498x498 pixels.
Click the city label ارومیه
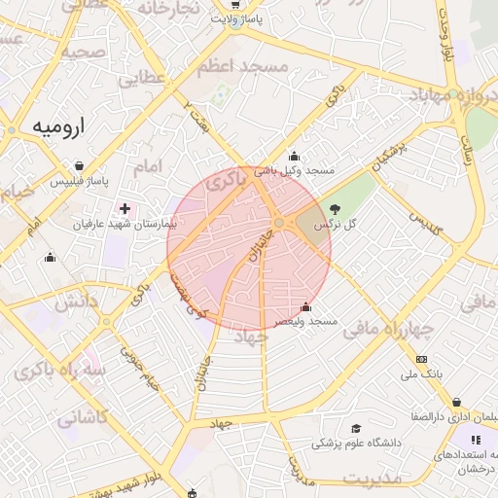click(x=58, y=126)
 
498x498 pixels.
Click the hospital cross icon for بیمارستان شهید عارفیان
click(x=124, y=207)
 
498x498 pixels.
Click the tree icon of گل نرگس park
click(x=336, y=208)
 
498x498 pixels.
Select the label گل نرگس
click(x=336, y=225)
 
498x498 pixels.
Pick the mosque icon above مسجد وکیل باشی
click(x=294, y=156)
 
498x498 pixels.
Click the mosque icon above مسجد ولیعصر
click(x=306, y=307)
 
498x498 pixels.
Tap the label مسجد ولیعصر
click(x=305, y=321)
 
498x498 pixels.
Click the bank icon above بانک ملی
click(x=421, y=359)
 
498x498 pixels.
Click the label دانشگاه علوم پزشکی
click(x=356, y=443)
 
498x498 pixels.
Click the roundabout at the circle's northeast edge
click(x=279, y=224)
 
